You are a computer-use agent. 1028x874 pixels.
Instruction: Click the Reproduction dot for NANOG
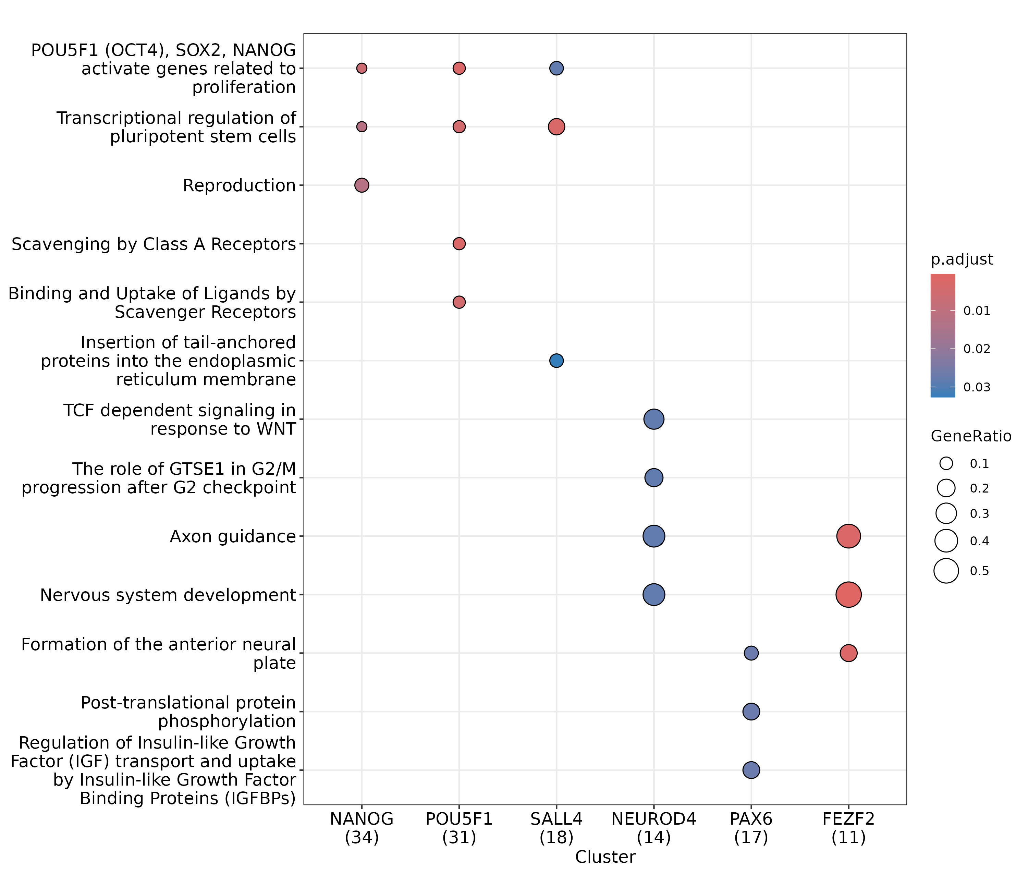pyautogui.click(x=362, y=185)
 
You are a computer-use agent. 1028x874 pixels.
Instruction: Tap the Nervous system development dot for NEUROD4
pyautogui.click(x=653, y=595)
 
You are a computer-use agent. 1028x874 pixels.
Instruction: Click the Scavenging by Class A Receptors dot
pyautogui.click(x=459, y=244)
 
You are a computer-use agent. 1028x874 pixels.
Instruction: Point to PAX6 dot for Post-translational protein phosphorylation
pyautogui.click(x=751, y=712)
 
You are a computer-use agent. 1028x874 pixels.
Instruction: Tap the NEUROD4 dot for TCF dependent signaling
pyautogui.click(x=653, y=419)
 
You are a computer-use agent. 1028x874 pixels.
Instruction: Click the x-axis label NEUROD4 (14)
pyautogui.click(x=653, y=828)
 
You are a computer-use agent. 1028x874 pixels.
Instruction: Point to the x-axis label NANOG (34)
pyautogui.click(x=362, y=828)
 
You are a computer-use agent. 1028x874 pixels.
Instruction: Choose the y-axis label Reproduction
pyautogui.click(x=239, y=186)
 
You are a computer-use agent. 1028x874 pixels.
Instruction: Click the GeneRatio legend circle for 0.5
pyautogui.click(x=946, y=571)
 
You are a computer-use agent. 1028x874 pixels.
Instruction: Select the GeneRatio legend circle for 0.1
pyautogui.click(x=946, y=463)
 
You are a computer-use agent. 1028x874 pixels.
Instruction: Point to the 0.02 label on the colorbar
pyautogui.click(x=977, y=349)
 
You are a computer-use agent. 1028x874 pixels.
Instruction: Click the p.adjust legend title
pyautogui.click(x=962, y=259)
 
